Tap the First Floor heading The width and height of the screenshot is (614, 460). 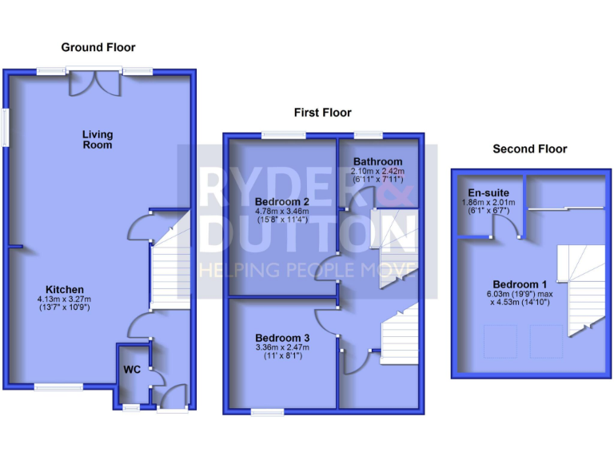point(322,113)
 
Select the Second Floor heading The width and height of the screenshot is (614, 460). point(529,149)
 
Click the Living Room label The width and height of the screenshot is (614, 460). point(98,140)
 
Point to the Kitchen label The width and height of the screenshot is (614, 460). point(65,289)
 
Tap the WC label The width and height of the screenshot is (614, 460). point(131,370)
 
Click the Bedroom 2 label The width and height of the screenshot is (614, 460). point(282,200)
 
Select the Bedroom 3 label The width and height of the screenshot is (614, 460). point(282,336)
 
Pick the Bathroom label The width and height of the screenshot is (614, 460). point(378,161)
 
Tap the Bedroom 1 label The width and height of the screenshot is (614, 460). point(520,285)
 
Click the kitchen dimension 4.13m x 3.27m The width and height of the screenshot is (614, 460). point(65,299)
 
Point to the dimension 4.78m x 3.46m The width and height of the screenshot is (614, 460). point(282,211)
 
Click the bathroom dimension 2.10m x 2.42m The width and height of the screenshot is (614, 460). point(378,172)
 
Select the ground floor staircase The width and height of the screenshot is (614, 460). point(170,264)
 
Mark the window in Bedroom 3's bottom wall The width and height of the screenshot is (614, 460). point(268,411)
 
